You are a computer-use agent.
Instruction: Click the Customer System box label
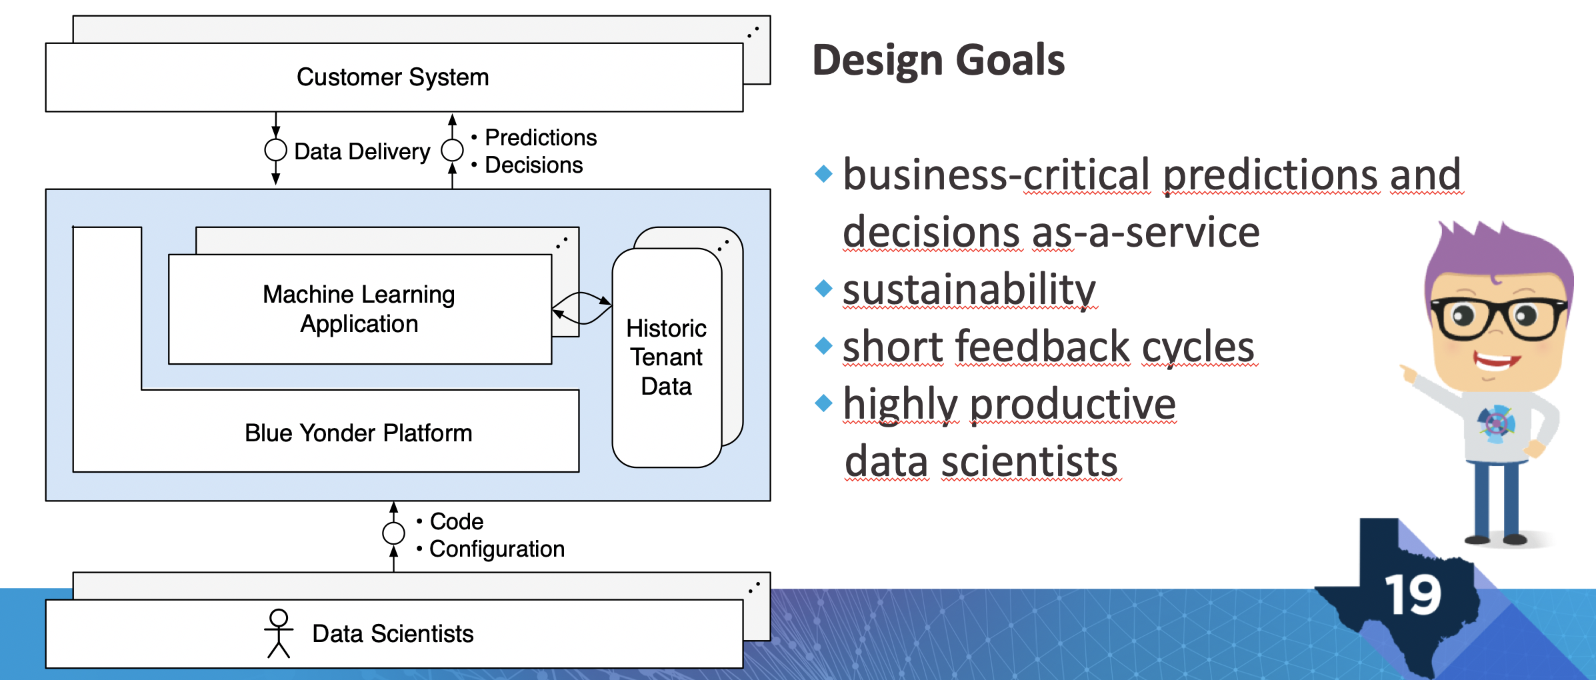point(393,77)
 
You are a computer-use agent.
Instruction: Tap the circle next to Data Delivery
point(275,150)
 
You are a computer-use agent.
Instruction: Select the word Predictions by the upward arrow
point(541,137)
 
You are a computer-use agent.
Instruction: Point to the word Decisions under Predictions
point(533,165)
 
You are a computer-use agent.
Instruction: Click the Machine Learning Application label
point(359,309)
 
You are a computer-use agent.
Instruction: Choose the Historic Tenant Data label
point(667,357)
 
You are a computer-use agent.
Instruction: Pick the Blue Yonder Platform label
point(359,433)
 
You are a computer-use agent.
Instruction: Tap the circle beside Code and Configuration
point(393,533)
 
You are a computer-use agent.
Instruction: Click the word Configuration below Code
point(497,549)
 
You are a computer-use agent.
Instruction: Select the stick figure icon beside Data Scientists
point(279,633)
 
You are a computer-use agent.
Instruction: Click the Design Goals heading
point(939,60)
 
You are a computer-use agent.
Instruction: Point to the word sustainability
point(969,289)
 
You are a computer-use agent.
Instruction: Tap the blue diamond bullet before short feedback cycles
point(824,345)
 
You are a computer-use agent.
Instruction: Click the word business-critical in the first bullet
point(997,175)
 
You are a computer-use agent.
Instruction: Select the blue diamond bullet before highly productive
point(824,403)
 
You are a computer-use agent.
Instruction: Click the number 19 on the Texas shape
point(1413,595)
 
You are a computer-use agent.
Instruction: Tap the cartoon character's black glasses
point(1497,319)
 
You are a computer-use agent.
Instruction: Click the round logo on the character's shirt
point(1496,423)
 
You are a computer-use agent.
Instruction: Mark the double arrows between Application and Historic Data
point(581,308)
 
